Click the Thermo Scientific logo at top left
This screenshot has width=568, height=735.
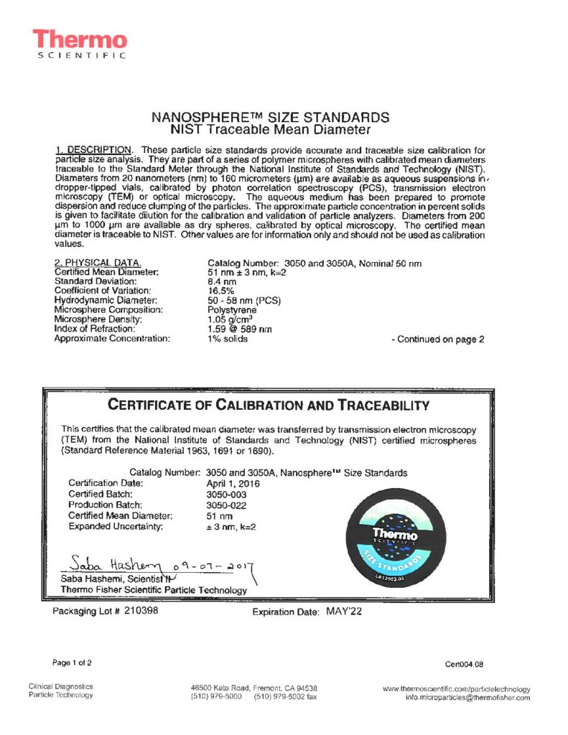click(79, 44)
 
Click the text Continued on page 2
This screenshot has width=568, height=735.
click(438, 339)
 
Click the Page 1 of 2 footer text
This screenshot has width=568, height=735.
click(72, 662)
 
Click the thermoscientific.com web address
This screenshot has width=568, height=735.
click(457, 689)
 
